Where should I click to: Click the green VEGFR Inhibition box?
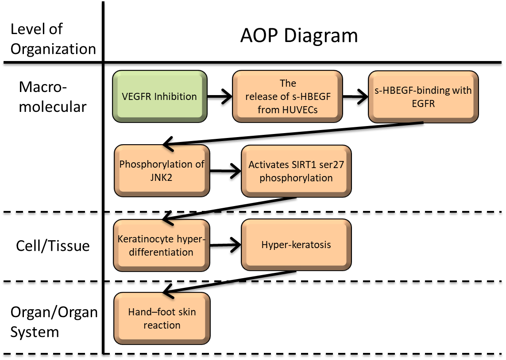(160, 96)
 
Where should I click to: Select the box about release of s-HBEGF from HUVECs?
(288, 96)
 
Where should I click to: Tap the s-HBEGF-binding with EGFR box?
(423, 97)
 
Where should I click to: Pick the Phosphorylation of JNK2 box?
(162, 171)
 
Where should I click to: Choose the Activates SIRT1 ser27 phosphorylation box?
(296, 171)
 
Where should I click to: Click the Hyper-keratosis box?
(296, 245)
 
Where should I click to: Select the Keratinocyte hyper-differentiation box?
(162, 245)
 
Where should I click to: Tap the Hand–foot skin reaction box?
(162, 318)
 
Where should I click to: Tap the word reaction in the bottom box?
(162, 325)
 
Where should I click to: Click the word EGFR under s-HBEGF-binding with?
(423, 103)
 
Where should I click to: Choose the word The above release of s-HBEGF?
(288, 83)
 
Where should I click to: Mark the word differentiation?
(162, 252)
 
